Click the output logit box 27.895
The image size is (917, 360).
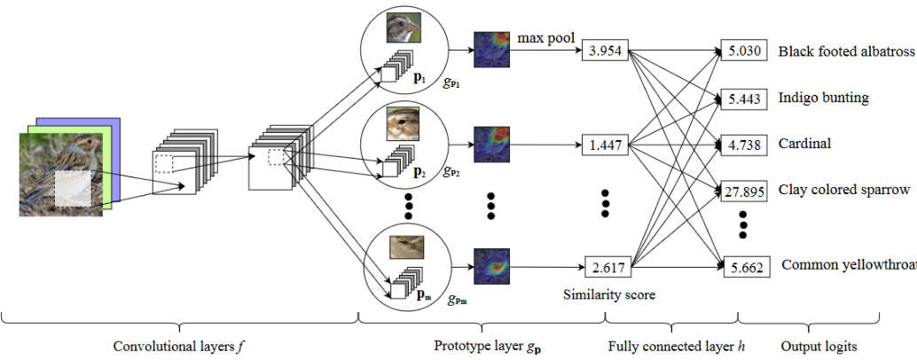point(742,190)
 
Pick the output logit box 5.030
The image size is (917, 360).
point(742,51)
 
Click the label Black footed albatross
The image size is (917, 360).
point(846,51)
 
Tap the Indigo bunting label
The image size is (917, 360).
point(823,97)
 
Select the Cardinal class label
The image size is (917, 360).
point(804,143)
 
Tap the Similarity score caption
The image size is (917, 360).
point(608,294)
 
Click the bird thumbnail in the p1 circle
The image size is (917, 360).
point(403,31)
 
